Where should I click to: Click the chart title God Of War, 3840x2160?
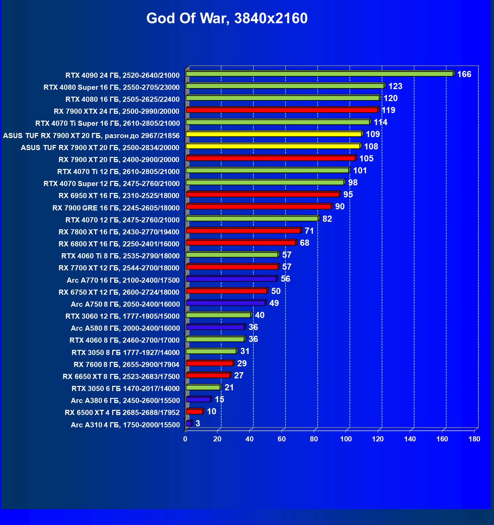227,18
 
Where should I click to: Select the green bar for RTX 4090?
319,74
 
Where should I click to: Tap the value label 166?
464,74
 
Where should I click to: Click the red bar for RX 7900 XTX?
281,110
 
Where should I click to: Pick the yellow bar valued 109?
274,134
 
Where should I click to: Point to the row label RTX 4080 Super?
111,87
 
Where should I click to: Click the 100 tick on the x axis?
346,439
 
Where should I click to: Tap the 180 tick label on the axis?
474,439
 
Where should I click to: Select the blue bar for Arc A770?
231,279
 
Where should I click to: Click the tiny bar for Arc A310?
188,424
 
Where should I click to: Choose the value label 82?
327,219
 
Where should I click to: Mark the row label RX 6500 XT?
122,413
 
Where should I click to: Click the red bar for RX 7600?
210,363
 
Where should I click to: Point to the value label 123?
395,86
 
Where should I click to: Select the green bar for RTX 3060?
218,315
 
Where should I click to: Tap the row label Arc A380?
125,401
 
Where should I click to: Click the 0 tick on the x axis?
185,439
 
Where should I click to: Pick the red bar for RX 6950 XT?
262,195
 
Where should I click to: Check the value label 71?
309,231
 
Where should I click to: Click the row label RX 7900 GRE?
116,208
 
